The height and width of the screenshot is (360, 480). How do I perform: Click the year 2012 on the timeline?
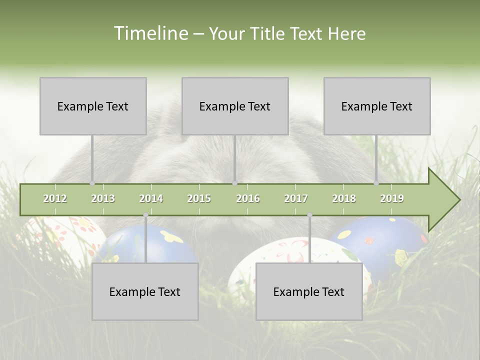coord(55,199)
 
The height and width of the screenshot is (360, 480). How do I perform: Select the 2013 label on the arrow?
coord(103,199)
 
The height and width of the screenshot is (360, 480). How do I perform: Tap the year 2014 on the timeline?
coord(151,199)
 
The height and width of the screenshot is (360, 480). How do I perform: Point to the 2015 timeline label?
coord(199,199)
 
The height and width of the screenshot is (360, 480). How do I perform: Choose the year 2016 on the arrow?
coord(248,199)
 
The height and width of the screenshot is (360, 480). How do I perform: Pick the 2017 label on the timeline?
coord(296,199)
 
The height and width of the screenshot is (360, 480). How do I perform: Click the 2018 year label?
coord(344,199)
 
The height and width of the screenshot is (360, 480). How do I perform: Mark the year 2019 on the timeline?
coord(392,199)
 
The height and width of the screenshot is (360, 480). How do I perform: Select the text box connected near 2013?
coord(93,106)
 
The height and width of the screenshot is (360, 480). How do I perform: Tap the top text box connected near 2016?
coord(235,106)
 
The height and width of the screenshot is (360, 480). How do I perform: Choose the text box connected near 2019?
coord(377,106)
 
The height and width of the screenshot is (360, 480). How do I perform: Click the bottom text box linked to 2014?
coord(145,291)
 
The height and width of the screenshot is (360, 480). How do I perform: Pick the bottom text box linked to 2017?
coord(309,291)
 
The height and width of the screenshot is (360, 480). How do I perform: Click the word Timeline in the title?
coord(150,33)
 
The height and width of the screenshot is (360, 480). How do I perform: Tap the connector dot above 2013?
coord(92,183)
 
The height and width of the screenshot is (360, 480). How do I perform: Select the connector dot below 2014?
coord(145,215)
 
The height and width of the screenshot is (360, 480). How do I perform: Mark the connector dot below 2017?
coord(309,215)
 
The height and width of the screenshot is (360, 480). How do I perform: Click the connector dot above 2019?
coord(376,183)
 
